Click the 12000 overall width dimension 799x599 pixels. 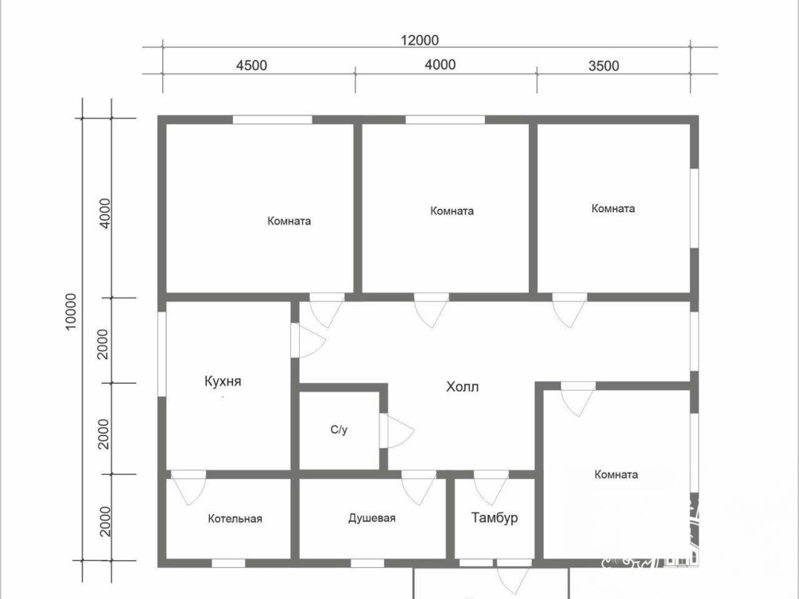[419, 40]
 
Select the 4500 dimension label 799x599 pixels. [251, 65]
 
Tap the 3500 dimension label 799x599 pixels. [604, 66]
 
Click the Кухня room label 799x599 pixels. [223, 381]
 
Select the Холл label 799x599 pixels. [462, 387]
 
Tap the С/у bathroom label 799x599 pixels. [339, 430]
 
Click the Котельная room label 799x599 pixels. [235, 519]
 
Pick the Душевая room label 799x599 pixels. [372, 518]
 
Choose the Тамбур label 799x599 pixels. [495, 517]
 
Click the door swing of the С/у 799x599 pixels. [397, 431]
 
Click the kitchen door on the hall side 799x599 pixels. [308, 340]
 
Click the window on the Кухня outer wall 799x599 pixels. [161, 354]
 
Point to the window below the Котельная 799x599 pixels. [228, 563]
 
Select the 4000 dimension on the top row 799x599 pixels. [440, 64]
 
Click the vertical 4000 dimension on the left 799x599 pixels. [104, 214]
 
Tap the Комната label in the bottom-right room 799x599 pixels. [616, 474]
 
